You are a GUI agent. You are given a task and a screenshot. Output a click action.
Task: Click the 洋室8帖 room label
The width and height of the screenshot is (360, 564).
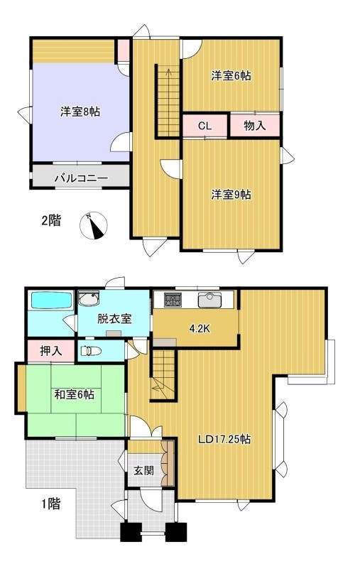pyautogui.click(x=80, y=112)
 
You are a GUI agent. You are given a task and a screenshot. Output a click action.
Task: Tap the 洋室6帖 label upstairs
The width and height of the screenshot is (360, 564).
pyautogui.click(x=231, y=76)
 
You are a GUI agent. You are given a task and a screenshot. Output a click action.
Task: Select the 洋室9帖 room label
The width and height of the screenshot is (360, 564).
pyautogui.click(x=231, y=195)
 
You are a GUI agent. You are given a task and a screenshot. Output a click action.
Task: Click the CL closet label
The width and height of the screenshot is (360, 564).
pyautogui.click(x=205, y=126)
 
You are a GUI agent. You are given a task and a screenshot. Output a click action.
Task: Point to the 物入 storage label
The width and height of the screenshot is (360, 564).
pyautogui.click(x=255, y=126)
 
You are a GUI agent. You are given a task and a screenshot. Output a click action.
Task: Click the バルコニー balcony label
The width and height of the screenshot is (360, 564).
pyautogui.click(x=81, y=178)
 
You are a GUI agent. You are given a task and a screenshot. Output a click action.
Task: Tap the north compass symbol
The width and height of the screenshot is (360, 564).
pyautogui.click(x=94, y=225)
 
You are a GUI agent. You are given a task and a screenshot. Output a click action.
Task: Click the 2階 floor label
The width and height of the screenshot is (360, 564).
pyautogui.click(x=51, y=219)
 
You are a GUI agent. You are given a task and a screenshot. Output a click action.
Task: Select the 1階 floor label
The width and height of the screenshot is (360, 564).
pyautogui.click(x=50, y=504)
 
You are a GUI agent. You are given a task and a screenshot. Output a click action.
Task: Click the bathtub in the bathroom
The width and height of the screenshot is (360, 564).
pyautogui.click(x=51, y=300)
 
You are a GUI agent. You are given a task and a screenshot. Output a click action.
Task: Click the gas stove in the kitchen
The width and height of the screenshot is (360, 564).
pyautogui.click(x=173, y=300)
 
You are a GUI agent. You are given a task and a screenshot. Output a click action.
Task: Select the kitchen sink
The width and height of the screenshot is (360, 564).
pyautogui.click(x=211, y=300)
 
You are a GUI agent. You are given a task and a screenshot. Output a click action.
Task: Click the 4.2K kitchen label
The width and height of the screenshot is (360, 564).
pyautogui.click(x=200, y=328)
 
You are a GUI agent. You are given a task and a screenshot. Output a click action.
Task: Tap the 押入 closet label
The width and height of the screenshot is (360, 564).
pyautogui.click(x=51, y=351)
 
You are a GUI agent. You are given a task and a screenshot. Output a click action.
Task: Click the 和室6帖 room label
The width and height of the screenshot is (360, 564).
pyautogui.click(x=75, y=394)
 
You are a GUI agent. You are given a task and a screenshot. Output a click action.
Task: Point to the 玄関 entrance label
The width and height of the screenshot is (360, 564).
pyautogui.click(x=144, y=470)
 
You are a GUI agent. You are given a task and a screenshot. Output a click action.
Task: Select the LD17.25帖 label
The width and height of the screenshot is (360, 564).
pyautogui.click(x=224, y=439)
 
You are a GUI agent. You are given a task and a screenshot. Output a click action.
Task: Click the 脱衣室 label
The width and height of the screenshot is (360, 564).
pyautogui.click(x=114, y=319)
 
